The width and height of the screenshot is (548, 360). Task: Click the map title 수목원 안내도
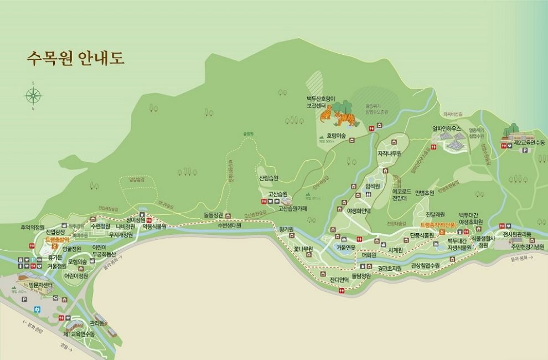coord(75,58)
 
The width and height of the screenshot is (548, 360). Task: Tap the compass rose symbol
coord(33,96)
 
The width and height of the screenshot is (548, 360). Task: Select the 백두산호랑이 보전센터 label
coord(322,101)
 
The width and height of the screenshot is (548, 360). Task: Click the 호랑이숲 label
coord(335,136)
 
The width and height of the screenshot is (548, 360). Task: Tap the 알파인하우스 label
coord(447,129)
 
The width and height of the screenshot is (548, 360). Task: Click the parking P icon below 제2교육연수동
coord(524,150)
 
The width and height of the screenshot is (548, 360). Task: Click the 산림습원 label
coord(268,178)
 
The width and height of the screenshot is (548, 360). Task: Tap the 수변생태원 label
coord(229,225)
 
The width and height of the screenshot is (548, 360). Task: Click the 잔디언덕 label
coord(339,280)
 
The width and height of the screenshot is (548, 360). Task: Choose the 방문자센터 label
coord(41,285)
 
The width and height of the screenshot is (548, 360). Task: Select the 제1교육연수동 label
coord(79,335)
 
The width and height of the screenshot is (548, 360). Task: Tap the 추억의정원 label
coord(32,228)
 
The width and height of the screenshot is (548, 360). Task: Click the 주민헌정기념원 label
coord(525,246)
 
